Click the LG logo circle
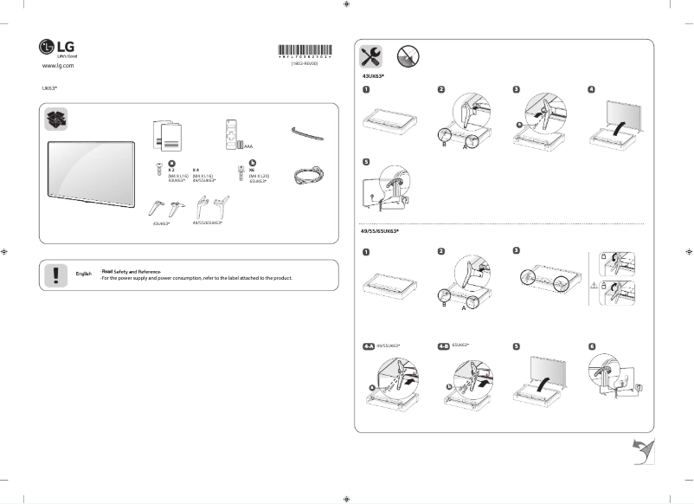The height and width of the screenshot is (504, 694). [47, 48]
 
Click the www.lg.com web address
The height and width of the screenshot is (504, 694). [58, 66]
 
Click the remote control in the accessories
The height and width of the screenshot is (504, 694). [230, 134]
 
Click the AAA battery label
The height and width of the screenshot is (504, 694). [248, 147]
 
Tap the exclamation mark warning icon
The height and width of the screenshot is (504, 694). [55, 274]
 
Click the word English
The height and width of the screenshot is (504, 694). [84, 274]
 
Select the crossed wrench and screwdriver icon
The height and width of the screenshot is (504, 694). [370, 57]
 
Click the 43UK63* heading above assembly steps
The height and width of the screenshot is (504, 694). [373, 76]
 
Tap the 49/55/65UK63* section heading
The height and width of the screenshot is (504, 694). [380, 231]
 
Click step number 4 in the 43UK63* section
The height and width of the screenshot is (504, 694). [591, 89]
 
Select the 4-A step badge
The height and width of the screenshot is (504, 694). [369, 346]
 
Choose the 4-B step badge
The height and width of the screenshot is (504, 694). [444, 346]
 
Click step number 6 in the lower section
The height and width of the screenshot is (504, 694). [591, 346]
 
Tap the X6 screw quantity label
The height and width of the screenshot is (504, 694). [252, 170]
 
